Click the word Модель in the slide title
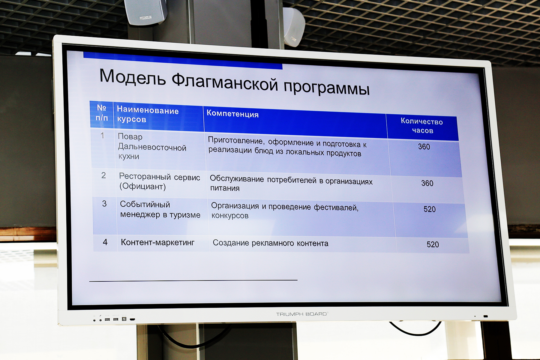pyautogui.click(x=133, y=76)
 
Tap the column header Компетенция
pyautogui.click(x=232, y=114)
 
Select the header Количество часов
pyautogui.click(x=422, y=126)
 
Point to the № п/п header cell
pyautogui.click(x=102, y=112)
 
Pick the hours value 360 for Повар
pyautogui.click(x=424, y=147)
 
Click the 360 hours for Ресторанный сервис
pyautogui.click(x=427, y=183)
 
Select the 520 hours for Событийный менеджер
pyautogui.click(x=430, y=209)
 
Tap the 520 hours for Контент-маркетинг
pyautogui.click(x=433, y=244)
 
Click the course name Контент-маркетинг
pyautogui.click(x=157, y=242)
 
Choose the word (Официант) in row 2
pyautogui.click(x=142, y=186)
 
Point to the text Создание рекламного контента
pyautogui.click(x=271, y=243)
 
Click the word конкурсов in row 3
pyautogui.click(x=230, y=216)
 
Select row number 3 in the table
pyautogui.click(x=104, y=204)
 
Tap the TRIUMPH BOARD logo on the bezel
pyautogui.click(x=302, y=314)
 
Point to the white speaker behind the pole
pyautogui.click(x=294, y=27)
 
